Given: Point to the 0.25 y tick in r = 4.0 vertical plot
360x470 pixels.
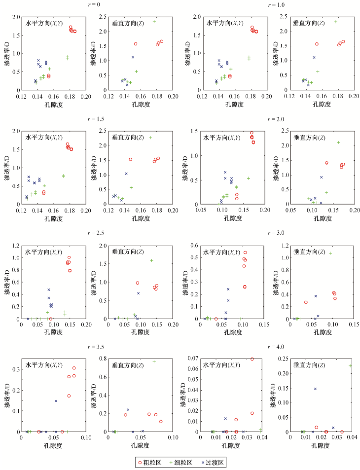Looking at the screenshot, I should (283, 359).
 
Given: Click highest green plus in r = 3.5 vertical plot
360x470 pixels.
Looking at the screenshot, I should (154, 362).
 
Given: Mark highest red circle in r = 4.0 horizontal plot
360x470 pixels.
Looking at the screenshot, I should (252, 359).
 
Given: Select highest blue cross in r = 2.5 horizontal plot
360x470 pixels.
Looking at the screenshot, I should (49, 289).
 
